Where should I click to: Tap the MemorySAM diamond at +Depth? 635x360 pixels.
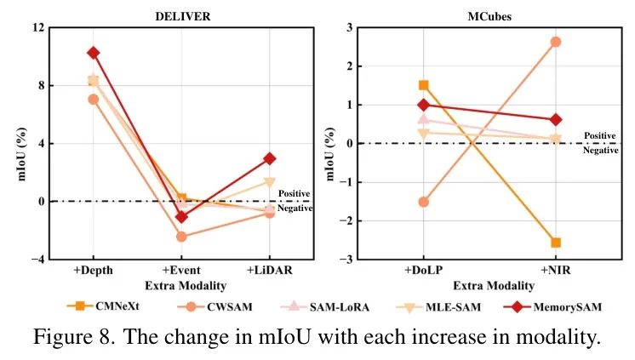click(93, 53)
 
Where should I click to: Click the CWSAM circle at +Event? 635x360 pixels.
click(181, 236)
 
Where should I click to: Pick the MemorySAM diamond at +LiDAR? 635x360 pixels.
click(269, 158)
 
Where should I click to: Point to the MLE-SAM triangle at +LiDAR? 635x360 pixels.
click(269, 181)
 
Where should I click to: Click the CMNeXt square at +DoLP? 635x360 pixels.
click(423, 85)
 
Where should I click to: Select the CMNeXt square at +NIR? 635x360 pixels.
click(555, 243)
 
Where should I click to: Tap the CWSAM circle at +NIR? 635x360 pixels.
click(555, 42)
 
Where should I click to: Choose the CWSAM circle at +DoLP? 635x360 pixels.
click(423, 202)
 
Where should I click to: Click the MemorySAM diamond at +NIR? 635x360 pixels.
click(555, 120)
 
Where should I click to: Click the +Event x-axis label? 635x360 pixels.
click(181, 271)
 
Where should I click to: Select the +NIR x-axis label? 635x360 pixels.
click(555, 271)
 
